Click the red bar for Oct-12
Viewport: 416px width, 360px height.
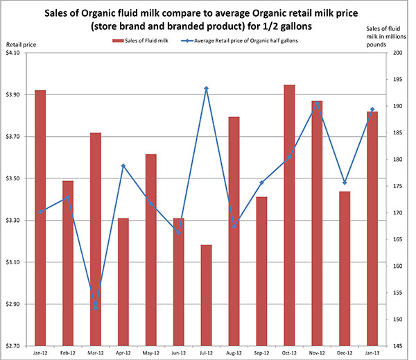(289, 215)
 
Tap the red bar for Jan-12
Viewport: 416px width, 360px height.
(40, 218)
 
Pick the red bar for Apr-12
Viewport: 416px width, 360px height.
(123, 282)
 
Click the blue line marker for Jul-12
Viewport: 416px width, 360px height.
(206, 89)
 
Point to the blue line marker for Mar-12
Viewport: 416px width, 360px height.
(96, 307)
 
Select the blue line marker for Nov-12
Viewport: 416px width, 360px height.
(317, 104)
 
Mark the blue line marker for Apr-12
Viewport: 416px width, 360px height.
(123, 166)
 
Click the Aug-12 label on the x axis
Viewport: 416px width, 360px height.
(234, 353)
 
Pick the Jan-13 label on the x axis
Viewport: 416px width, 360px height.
(372, 353)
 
